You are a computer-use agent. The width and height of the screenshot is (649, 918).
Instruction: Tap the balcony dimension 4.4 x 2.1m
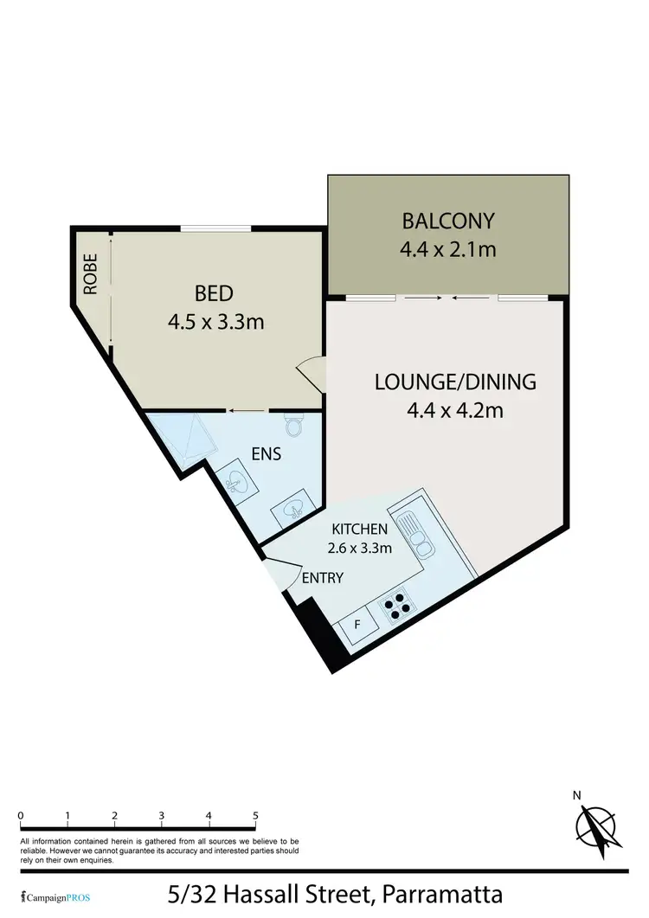point(447,250)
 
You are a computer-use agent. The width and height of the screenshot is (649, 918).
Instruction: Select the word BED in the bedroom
point(215,292)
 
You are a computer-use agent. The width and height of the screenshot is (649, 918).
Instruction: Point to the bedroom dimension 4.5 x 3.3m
point(215,322)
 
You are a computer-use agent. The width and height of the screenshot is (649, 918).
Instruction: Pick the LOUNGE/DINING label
point(455,381)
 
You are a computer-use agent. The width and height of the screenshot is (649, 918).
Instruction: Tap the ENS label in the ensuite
point(267,453)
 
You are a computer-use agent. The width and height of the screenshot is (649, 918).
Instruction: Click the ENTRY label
point(322,578)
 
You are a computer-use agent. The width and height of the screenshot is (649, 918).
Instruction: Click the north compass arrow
point(596,826)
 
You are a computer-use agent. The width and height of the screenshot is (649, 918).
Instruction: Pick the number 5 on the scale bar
point(255,815)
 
